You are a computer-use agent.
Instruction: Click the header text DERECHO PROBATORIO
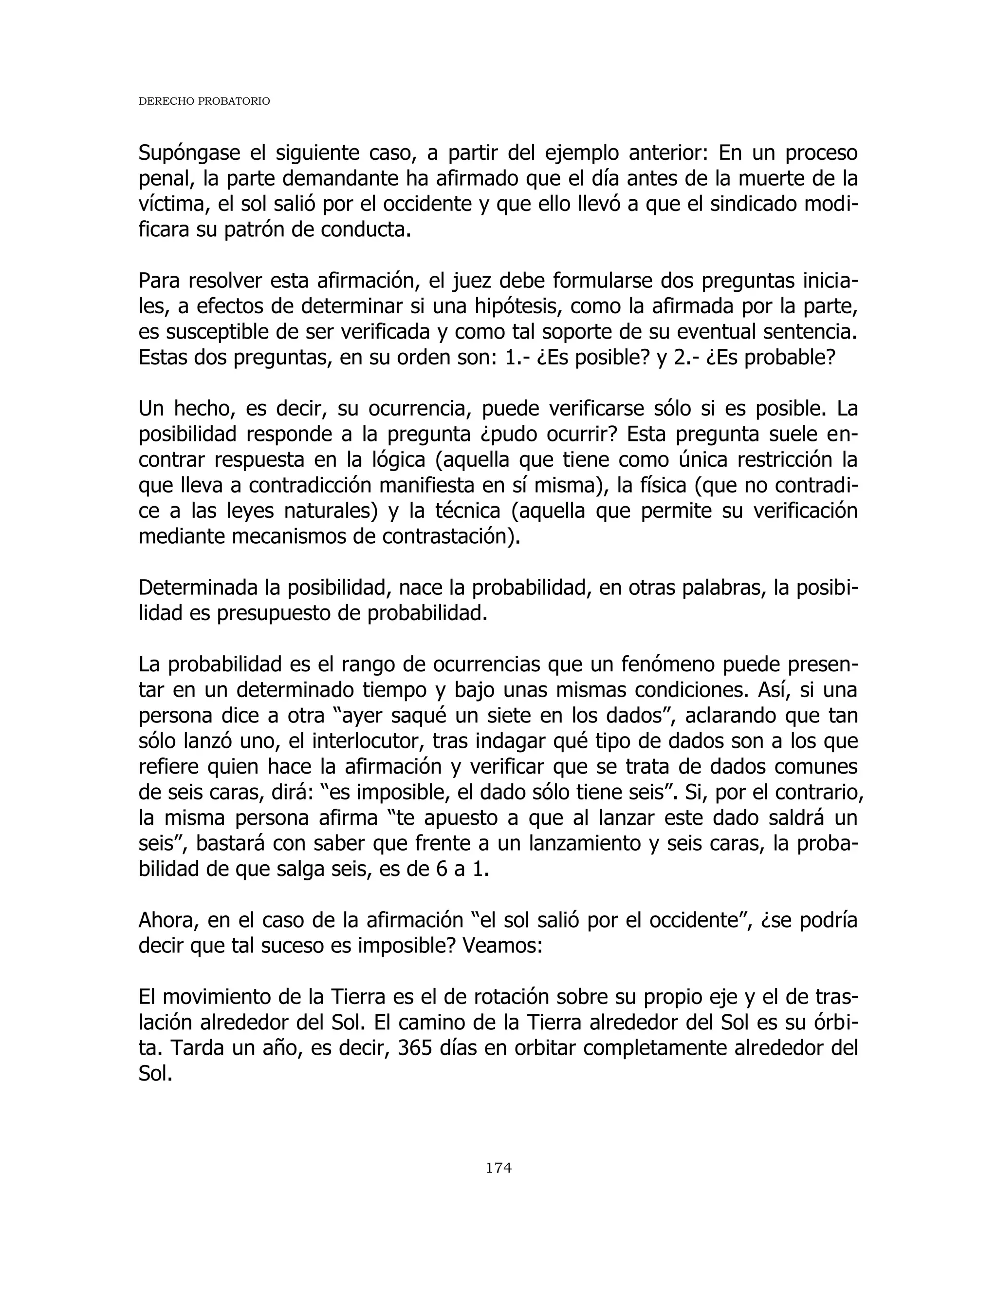pos(204,102)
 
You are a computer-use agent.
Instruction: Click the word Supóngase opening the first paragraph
pos(189,153)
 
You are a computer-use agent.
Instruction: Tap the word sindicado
pos(759,205)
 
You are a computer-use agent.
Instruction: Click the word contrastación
pos(448,537)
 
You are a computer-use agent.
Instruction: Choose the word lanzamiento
pos(584,843)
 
